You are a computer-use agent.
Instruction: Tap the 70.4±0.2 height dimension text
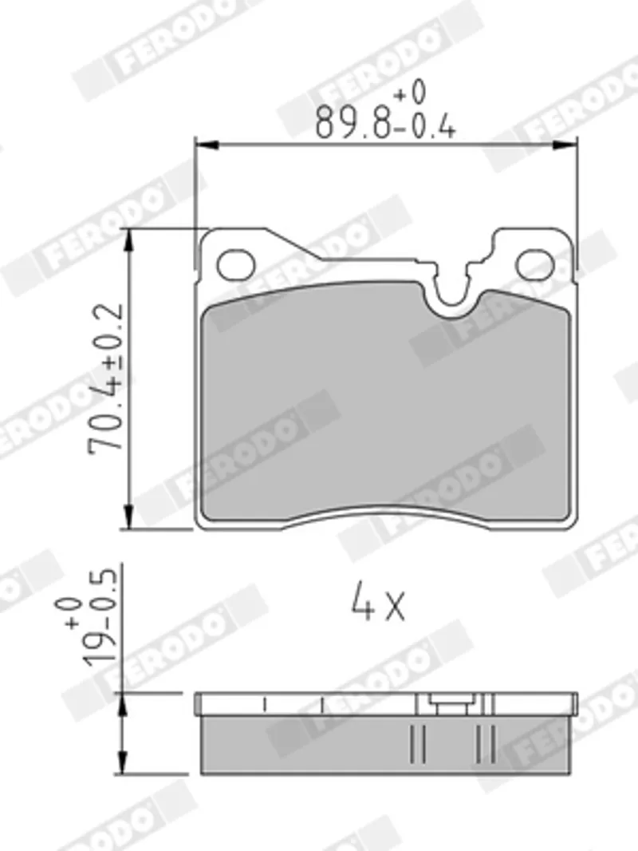107,379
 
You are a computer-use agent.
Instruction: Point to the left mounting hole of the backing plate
236,265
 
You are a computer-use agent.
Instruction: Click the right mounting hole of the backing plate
535,265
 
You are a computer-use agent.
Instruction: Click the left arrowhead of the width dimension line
206,145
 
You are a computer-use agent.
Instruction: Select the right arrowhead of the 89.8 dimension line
565,145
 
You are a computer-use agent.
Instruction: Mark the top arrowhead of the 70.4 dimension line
128,240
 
